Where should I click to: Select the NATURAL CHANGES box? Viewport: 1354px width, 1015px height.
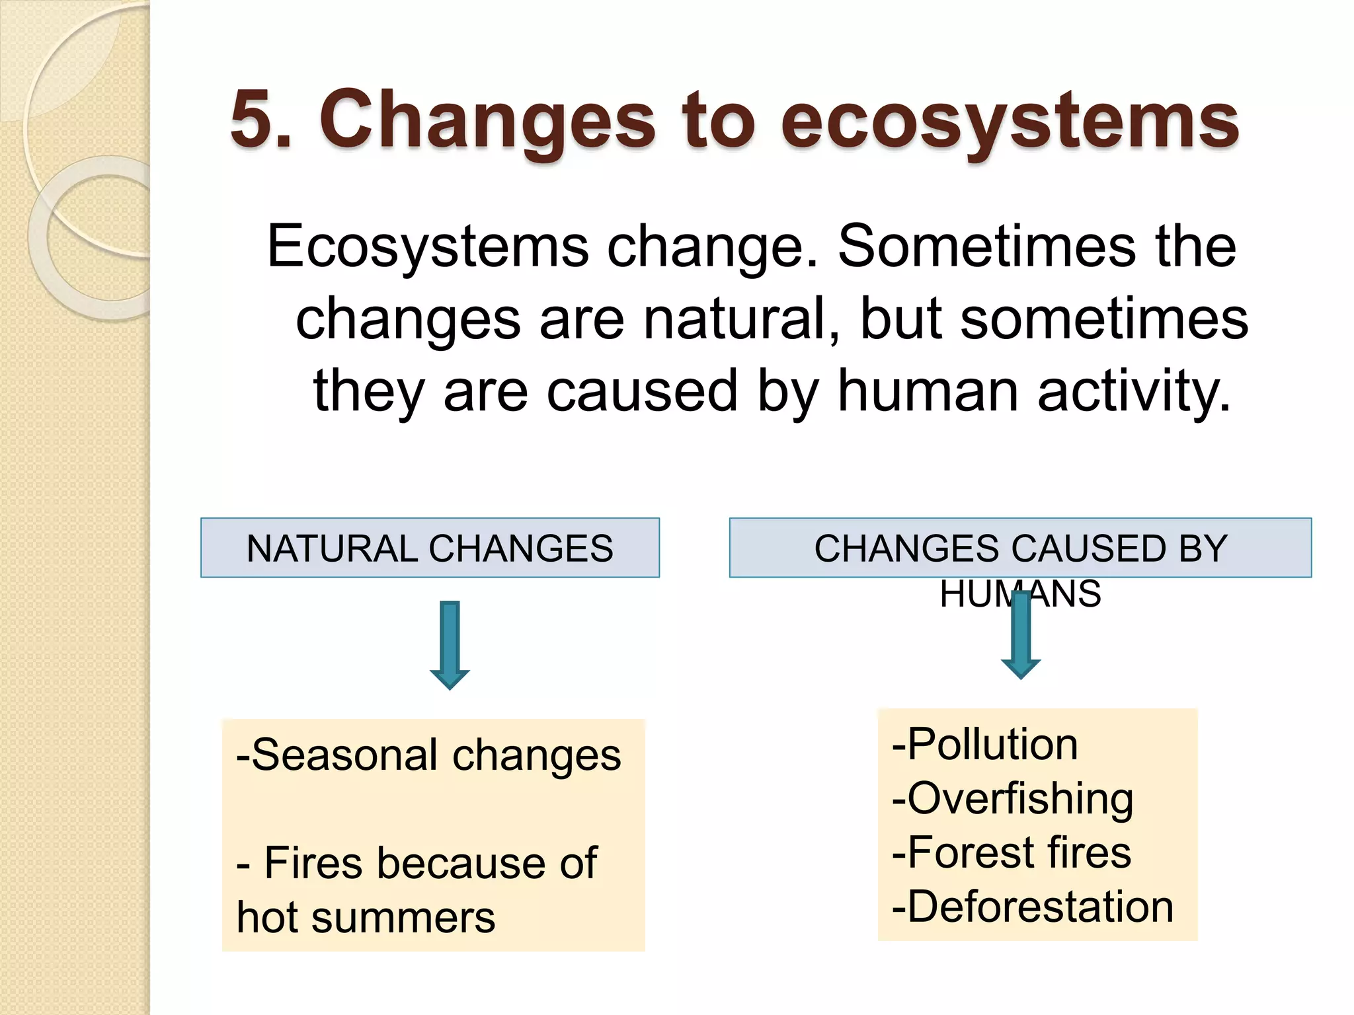tap(430, 548)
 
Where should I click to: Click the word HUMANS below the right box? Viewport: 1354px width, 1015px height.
tap(1020, 593)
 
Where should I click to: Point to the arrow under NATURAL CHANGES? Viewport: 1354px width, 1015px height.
tap(450, 645)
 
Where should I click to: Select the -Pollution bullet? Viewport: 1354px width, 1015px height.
tap(984, 744)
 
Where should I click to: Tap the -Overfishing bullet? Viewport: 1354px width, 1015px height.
tap(1012, 798)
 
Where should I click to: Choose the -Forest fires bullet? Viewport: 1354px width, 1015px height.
tap(1011, 852)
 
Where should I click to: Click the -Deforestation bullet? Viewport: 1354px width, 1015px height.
tap(1032, 906)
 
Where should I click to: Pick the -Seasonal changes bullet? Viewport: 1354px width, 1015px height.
tap(428, 755)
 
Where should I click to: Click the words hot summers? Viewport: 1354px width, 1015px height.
tap(366, 918)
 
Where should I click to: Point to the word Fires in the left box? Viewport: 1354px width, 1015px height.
tap(311, 863)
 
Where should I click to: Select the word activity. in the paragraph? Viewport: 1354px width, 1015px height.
tap(1134, 391)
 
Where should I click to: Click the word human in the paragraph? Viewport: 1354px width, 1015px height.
tap(928, 391)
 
